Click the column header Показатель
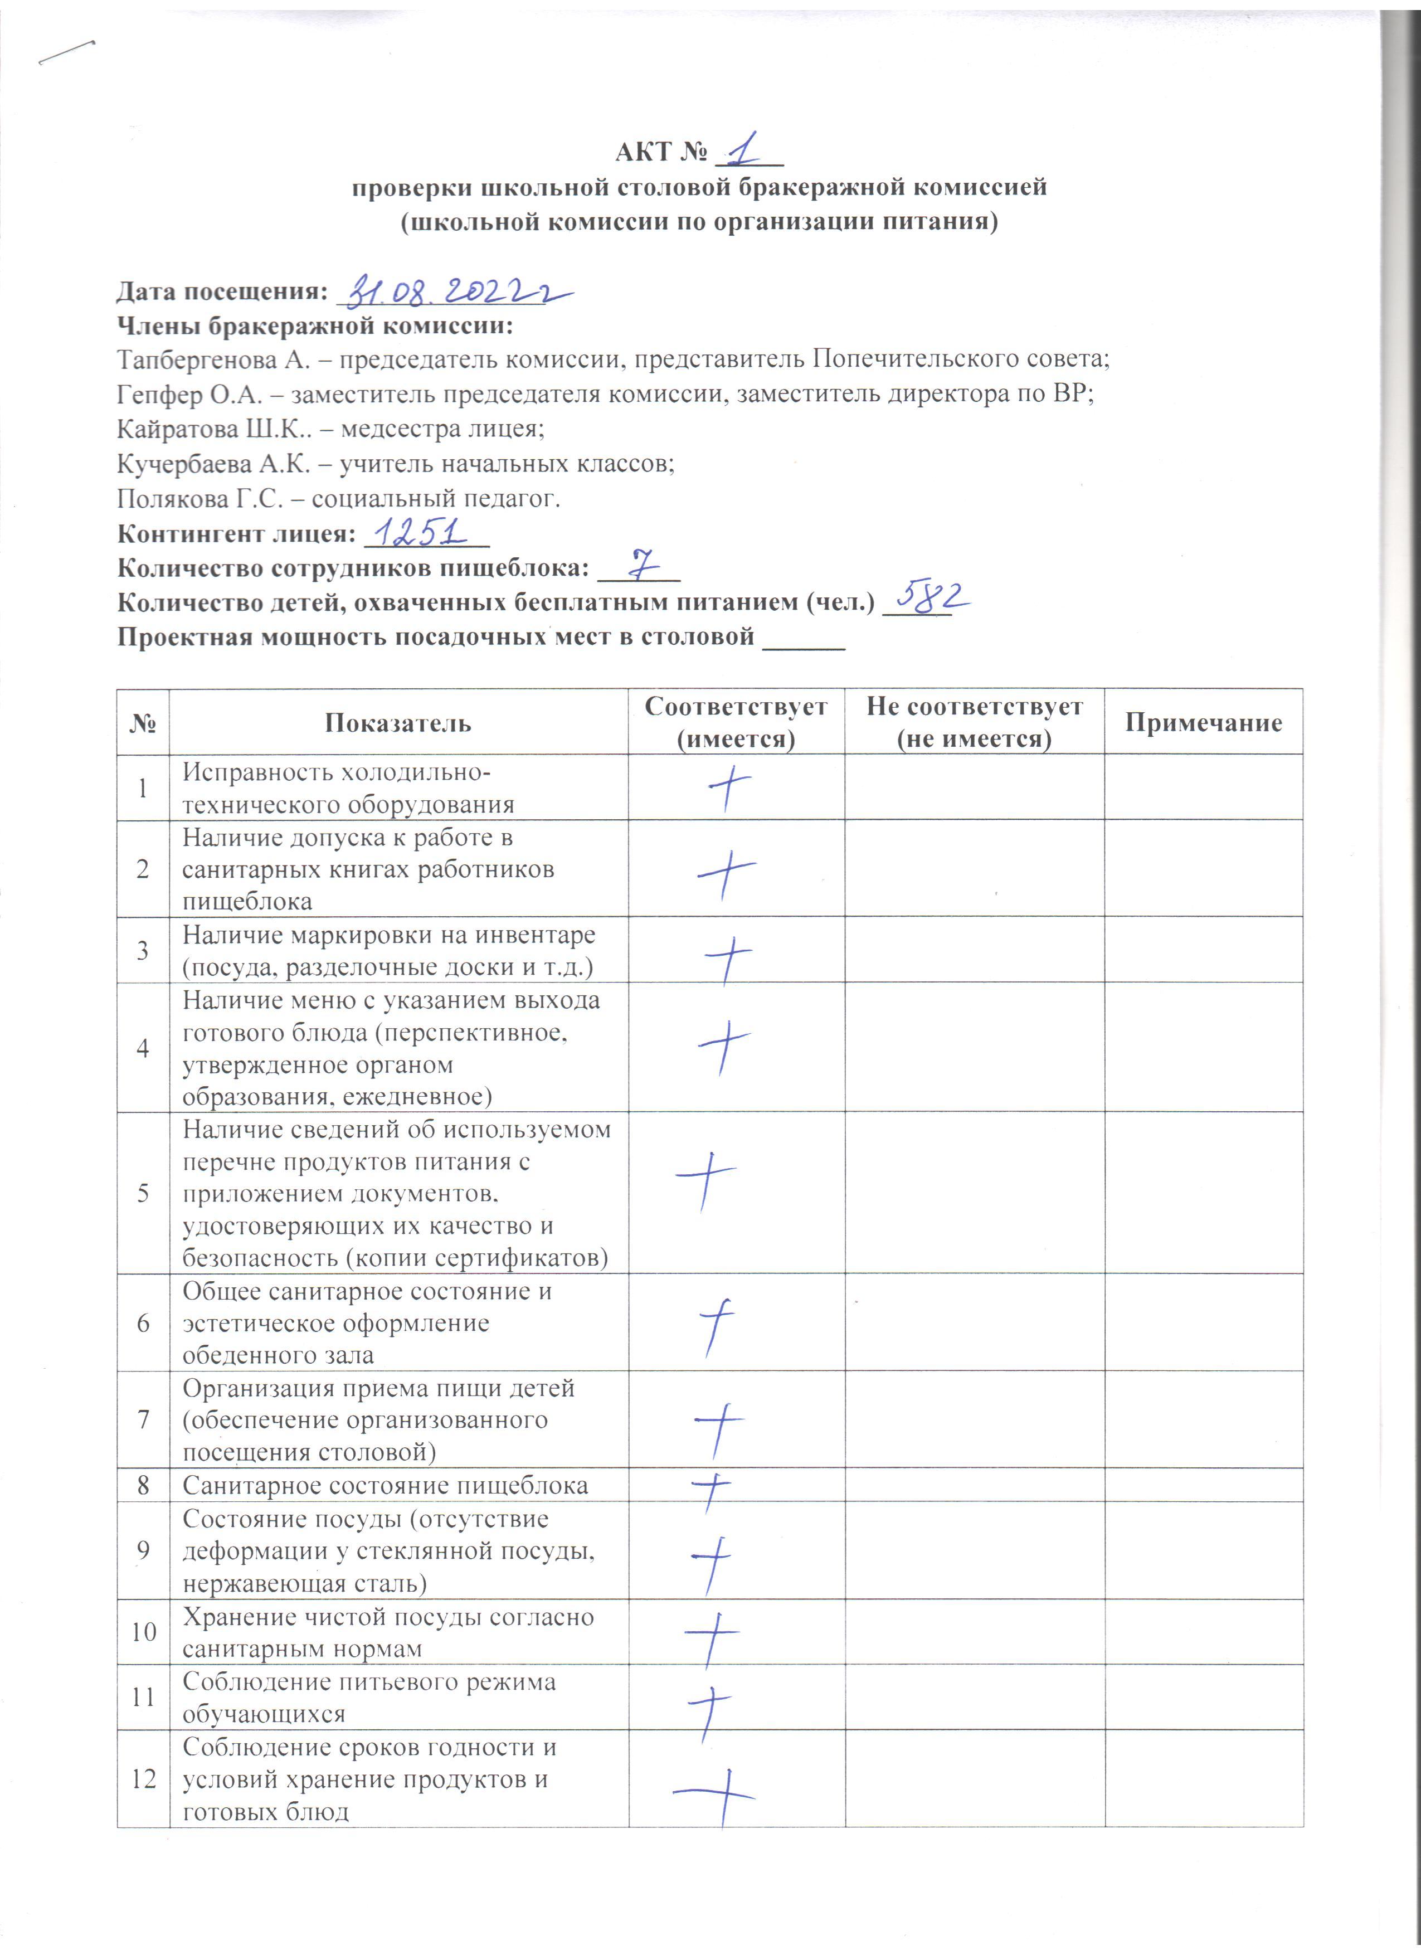pos(398,722)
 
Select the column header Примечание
pos(1203,722)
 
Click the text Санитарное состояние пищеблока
pos(385,1485)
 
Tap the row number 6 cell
pos(143,1322)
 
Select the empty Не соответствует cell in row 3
pos(974,949)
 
